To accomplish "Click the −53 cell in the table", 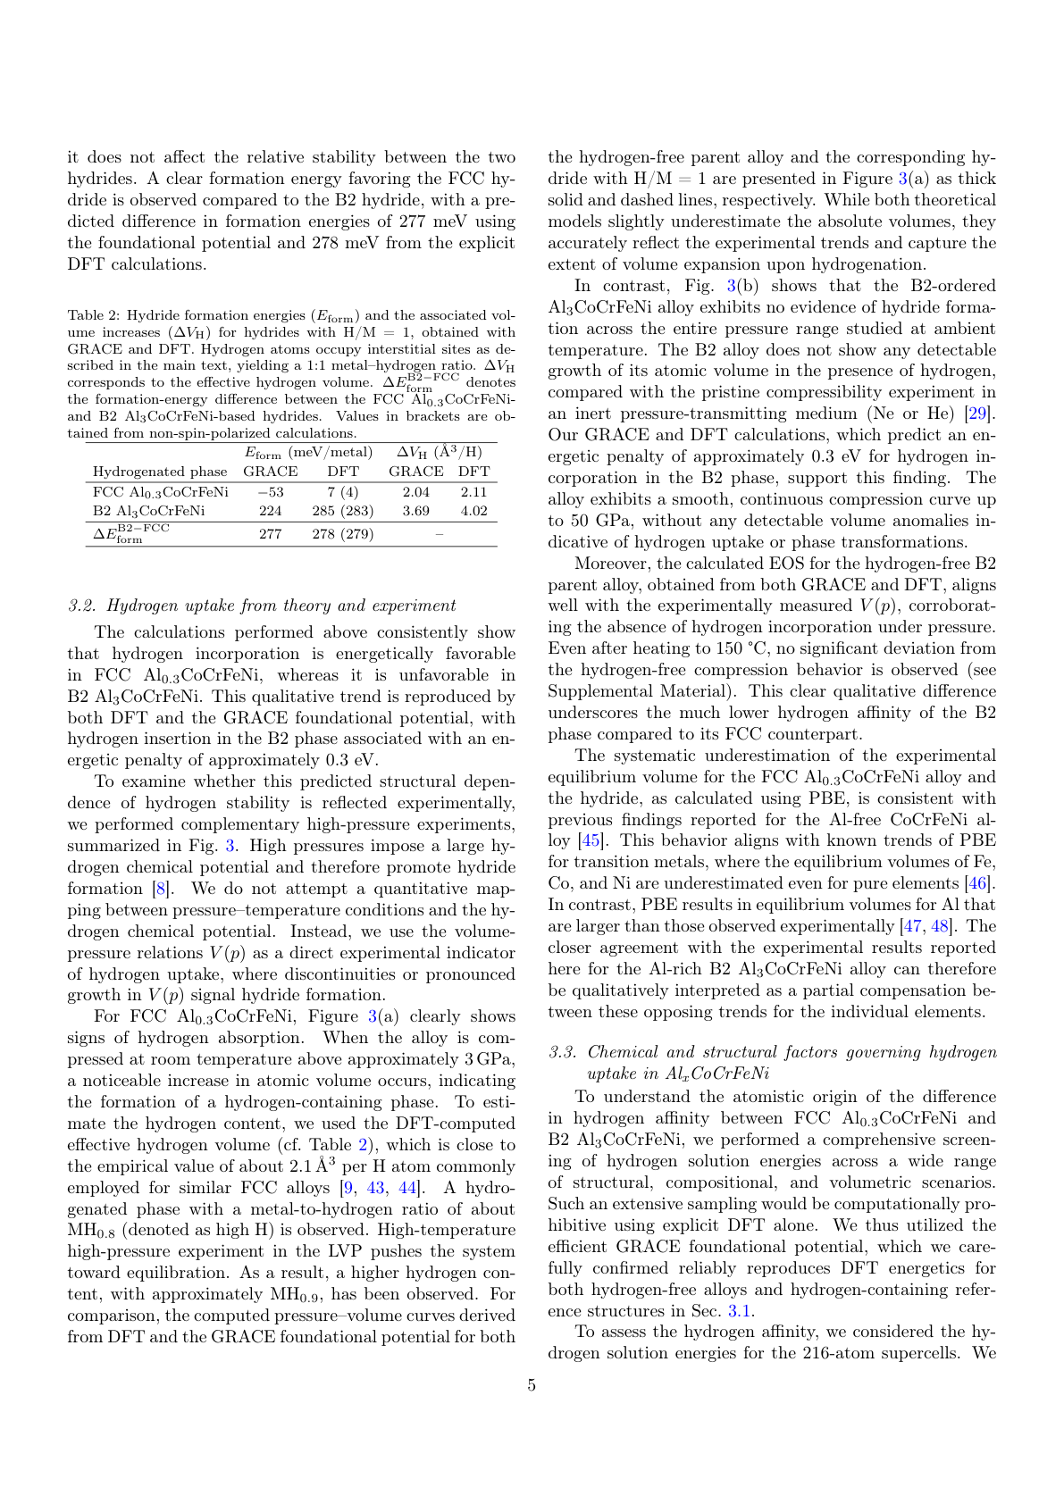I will click(270, 492).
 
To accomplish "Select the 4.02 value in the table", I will click(473, 511).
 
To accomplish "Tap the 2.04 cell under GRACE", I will click(415, 492).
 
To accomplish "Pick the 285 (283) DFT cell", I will click(342, 511).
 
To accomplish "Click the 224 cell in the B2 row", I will click(270, 511).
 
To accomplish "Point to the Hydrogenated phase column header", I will click(160, 472).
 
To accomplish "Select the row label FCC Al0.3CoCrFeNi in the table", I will click(160, 492).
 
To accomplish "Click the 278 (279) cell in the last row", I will click(342, 534).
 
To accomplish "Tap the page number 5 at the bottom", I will click(532, 1385).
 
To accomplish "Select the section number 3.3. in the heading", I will click(563, 1052).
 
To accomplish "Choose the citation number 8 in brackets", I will click(160, 889).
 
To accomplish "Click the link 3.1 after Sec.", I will click(739, 1311).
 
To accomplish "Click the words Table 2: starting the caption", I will click(93, 315).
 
